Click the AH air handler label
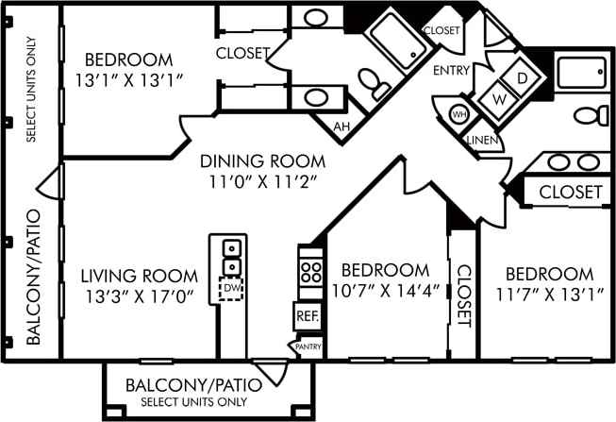point(341,125)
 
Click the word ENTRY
point(451,71)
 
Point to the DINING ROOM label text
point(262,161)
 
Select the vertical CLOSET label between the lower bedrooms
point(463,295)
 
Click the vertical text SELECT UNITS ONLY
point(30,90)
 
